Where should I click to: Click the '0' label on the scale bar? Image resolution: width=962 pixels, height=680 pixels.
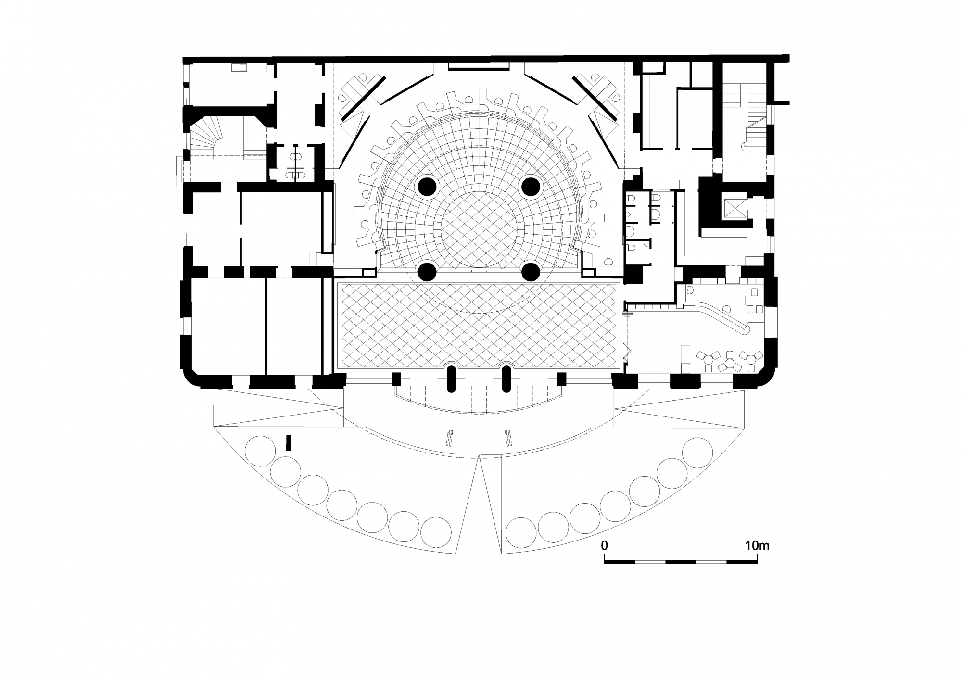(605, 545)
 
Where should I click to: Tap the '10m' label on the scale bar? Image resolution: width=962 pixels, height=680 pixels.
(758, 545)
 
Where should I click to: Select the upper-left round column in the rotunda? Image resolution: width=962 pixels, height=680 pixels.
(427, 187)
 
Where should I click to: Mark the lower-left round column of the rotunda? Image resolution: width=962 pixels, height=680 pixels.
(427, 272)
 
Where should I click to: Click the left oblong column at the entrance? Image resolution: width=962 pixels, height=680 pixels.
(451, 379)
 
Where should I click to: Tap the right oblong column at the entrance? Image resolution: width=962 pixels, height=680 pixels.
(506, 379)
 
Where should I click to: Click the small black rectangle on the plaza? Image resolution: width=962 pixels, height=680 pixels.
(289, 442)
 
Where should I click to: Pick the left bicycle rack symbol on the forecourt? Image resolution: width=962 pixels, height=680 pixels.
(451, 438)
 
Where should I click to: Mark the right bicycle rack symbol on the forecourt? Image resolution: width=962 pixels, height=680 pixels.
(508, 438)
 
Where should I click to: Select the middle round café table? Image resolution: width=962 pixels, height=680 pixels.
(729, 364)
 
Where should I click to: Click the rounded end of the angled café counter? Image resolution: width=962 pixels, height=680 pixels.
(747, 329)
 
